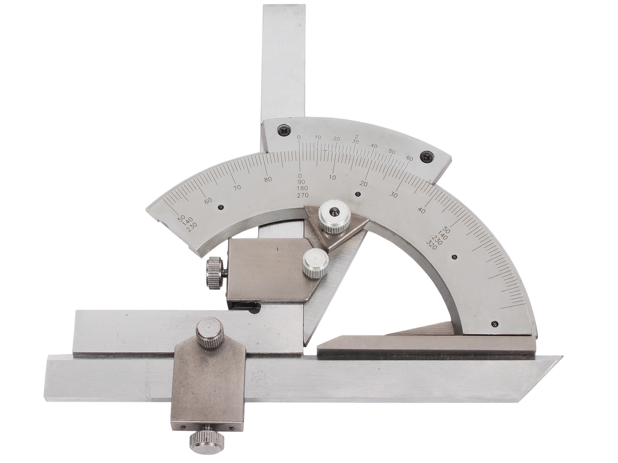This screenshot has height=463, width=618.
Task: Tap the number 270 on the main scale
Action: (x=303, y=195)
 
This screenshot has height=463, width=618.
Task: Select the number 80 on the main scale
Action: (x=268, y=179)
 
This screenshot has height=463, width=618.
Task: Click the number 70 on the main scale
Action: (x=238, y=187)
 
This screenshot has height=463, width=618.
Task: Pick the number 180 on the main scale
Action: (x=302, y=188)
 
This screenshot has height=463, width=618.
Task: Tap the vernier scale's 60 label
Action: (x=410, y=159)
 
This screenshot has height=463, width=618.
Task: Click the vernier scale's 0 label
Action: (x=299, y=137)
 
